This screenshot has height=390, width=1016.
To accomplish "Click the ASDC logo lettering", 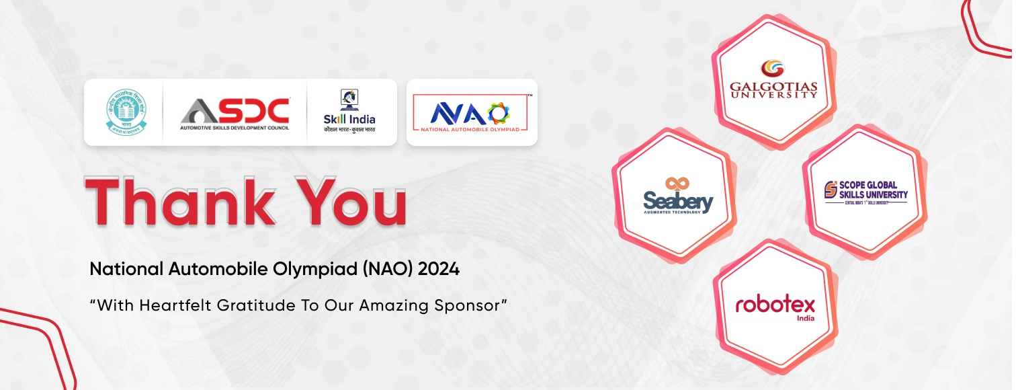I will [x=235, y=110].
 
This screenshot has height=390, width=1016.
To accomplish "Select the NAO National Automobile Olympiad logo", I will [x=472, y=112].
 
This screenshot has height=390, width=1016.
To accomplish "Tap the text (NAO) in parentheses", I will [x=388, y=270].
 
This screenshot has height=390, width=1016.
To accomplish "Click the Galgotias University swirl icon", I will [x=772, y=69].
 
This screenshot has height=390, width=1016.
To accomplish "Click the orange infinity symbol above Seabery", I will [x=675, y=184].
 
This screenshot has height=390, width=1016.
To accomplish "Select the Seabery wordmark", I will [x=678, y=200].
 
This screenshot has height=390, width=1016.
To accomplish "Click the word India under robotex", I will [x=805, y=318].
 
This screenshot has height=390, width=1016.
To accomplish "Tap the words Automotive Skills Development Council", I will [x=235, y=127].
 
